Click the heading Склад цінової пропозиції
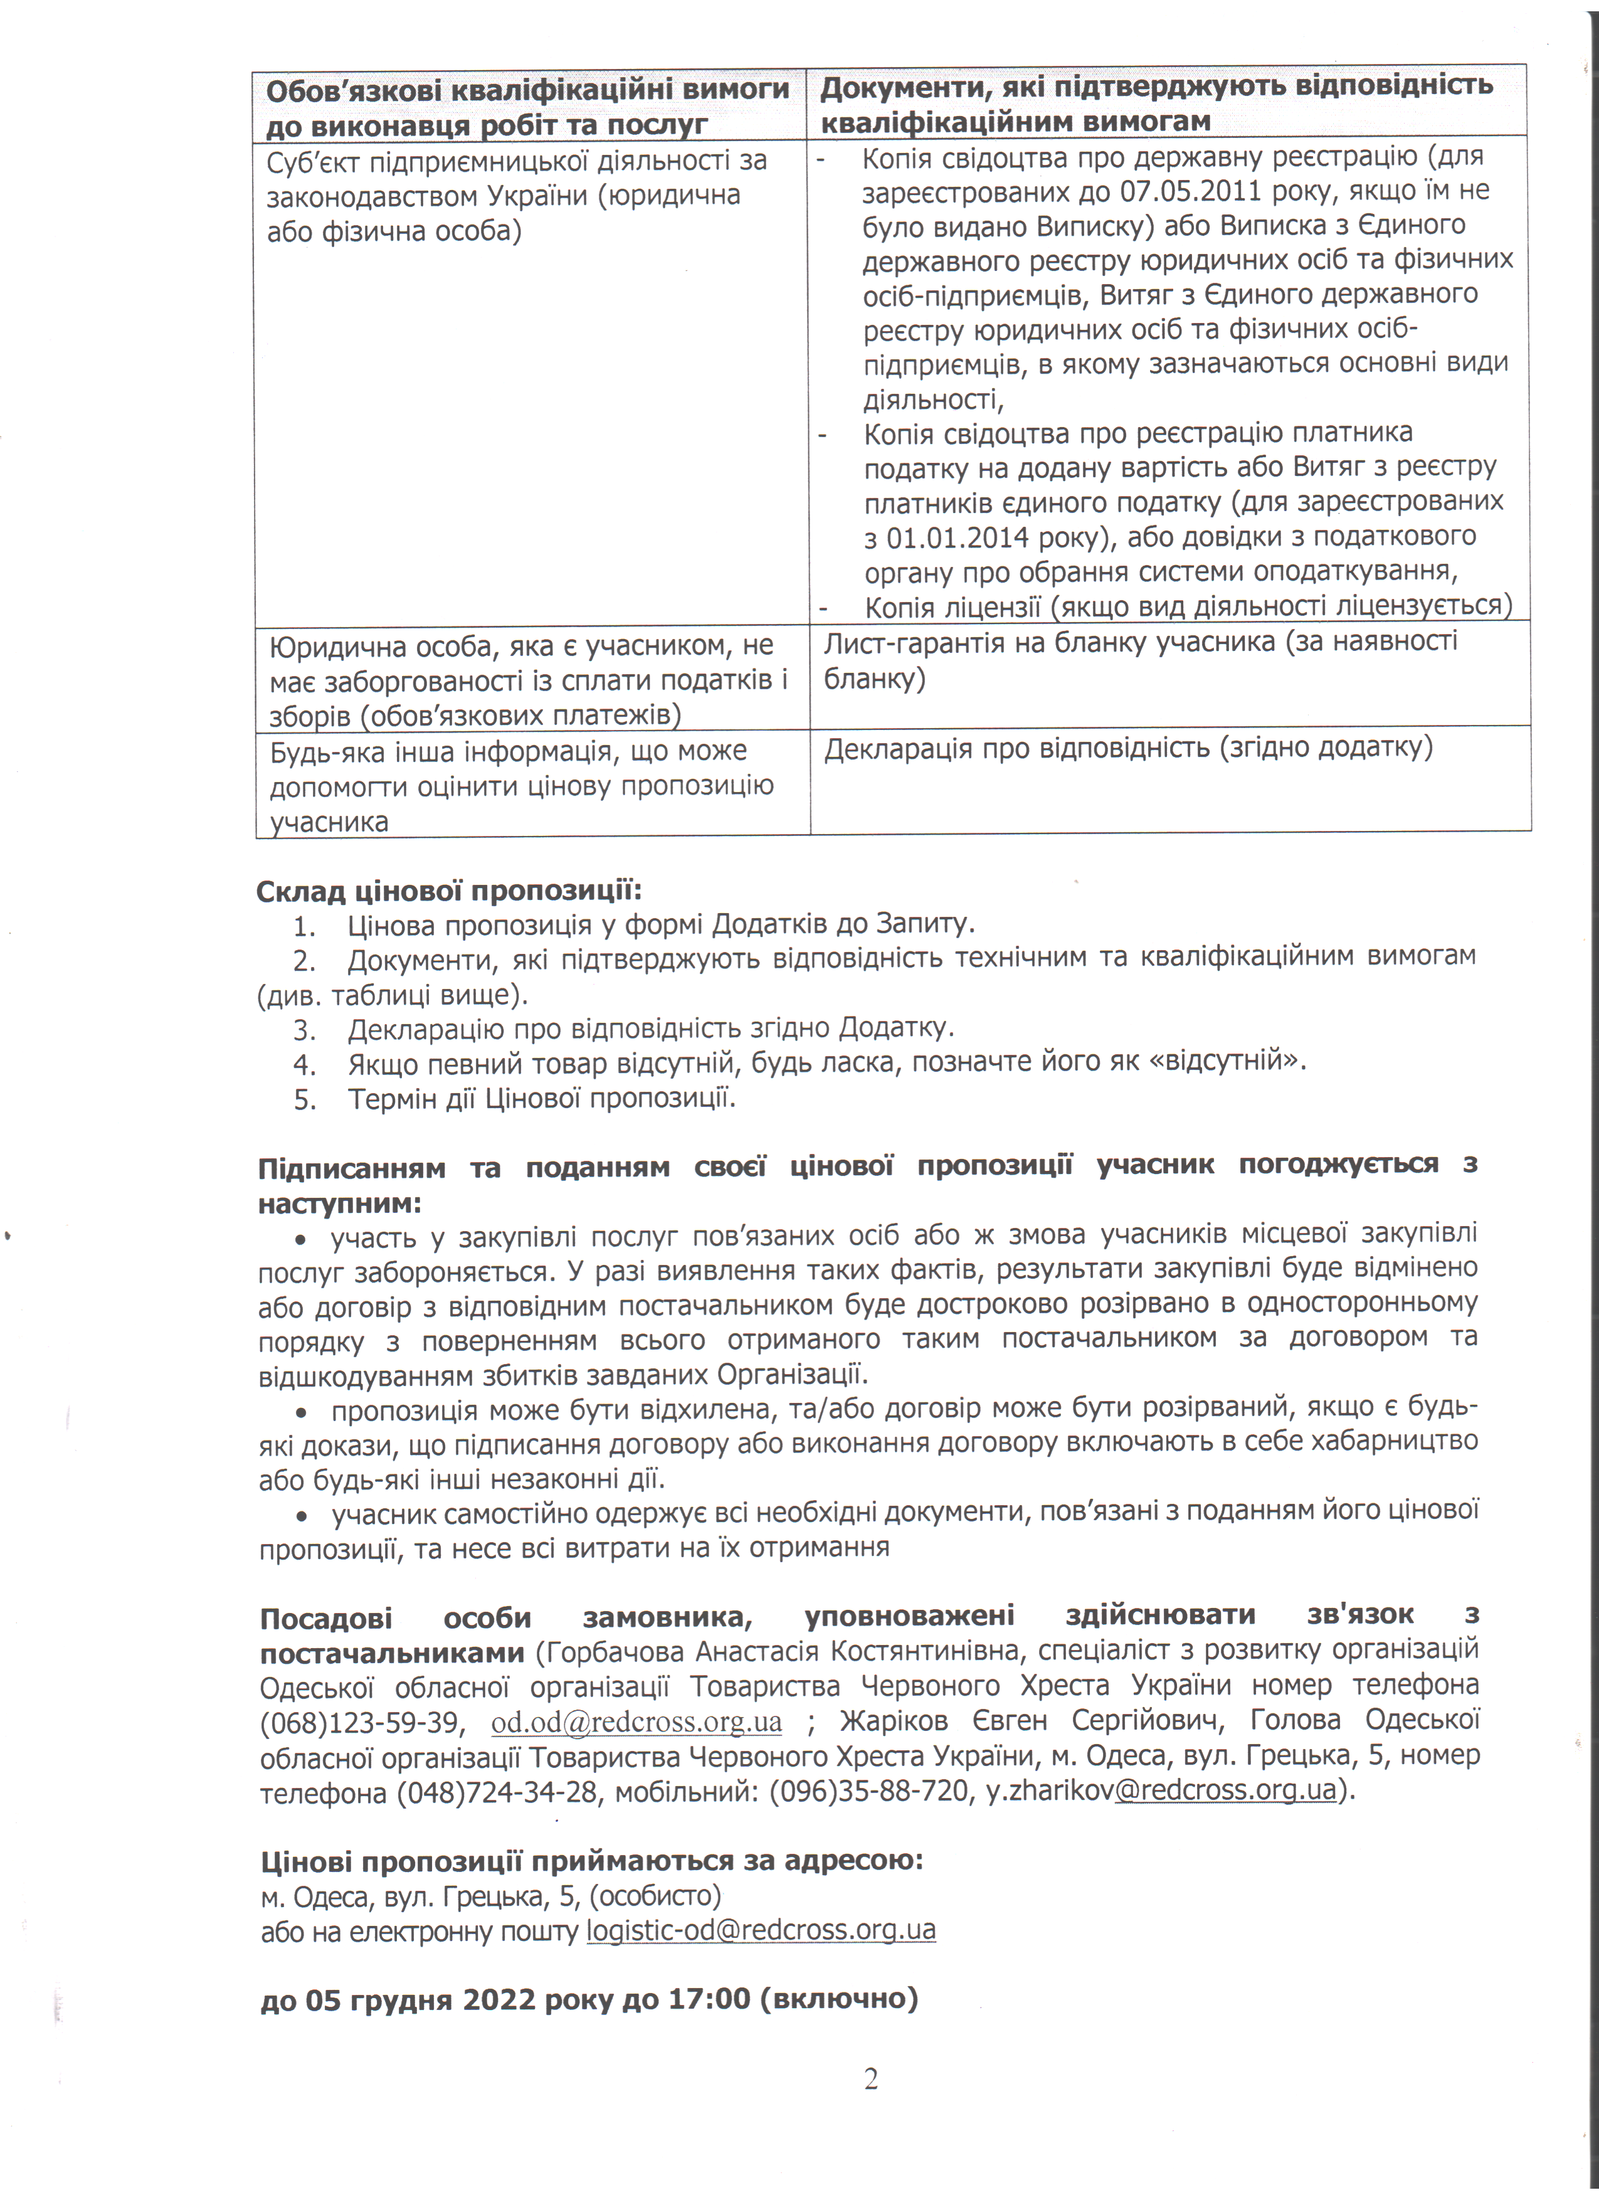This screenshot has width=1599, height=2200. pos(449,889)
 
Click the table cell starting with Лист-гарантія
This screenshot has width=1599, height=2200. pos(1141,660)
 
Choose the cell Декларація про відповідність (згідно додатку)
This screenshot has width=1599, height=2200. pos(1127,748)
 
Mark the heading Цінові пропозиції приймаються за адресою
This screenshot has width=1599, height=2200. pos(591,1861)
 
